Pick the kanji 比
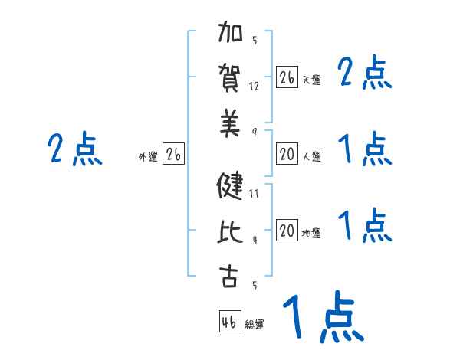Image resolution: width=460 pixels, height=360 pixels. [231, 231]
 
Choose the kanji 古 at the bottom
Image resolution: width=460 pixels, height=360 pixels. [231, 277]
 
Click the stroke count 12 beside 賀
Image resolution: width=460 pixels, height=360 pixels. [255, 87]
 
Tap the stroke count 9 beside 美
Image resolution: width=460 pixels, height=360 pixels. [254, 132]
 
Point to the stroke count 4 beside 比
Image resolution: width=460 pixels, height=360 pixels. [254, 239]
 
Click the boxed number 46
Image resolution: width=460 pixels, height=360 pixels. [229, 322]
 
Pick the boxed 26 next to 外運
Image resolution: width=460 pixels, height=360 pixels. [172, 155]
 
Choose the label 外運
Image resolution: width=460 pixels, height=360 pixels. [147, 157]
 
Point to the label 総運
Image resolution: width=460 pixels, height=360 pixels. [255, 325]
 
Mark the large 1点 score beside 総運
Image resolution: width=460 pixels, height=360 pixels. [323, 317]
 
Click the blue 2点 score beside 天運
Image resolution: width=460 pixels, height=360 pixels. [364, 74]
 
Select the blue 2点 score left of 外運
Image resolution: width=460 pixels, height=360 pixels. [74, 149]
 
